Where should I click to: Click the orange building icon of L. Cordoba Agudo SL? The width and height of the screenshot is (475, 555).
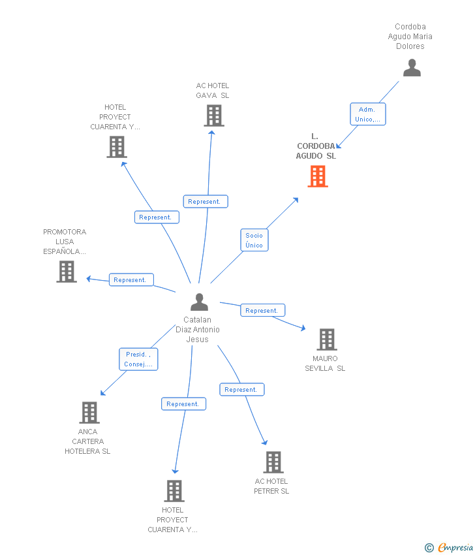click(x=318, y=176)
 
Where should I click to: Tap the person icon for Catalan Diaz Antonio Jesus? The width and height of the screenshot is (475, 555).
click(x=199, y=302)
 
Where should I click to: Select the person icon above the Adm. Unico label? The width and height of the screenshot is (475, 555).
click(x=412, y=68)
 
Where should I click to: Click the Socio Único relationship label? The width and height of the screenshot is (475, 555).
click(x=254, y=240)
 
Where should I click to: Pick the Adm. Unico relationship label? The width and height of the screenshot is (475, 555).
click(x=368, y=114)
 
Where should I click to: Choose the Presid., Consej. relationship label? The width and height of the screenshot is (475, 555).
click(x=138, y=359)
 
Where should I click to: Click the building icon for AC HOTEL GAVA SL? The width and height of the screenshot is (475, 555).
click(x=214, y=116)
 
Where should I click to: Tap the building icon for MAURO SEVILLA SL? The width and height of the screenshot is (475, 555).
click(x=326, y=340)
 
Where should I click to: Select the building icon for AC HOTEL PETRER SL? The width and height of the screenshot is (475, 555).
click(x=273, y=462)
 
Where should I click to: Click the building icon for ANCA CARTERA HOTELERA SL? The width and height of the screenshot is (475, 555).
click(x=89, y=413)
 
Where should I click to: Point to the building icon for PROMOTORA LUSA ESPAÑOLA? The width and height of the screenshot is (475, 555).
click(x=67, y=272)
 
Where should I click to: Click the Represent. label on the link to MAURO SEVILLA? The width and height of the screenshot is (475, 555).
click(x=263, y=310)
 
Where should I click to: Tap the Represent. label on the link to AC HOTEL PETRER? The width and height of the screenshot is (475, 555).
click(x=242, y=389)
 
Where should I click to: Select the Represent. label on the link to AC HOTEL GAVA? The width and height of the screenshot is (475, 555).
click(x=206, y=201)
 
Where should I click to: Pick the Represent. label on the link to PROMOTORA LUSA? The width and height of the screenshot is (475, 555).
click(x=131, y=279)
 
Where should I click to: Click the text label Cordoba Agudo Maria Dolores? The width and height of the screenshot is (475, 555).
click(x=410, y=37)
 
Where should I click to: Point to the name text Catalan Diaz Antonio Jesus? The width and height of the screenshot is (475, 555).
click(x=197, y=330)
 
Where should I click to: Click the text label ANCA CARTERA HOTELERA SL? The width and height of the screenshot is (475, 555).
click(x=87, y=441)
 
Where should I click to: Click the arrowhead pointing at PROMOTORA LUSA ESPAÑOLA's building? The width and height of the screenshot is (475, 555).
click(x=89, y=279)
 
